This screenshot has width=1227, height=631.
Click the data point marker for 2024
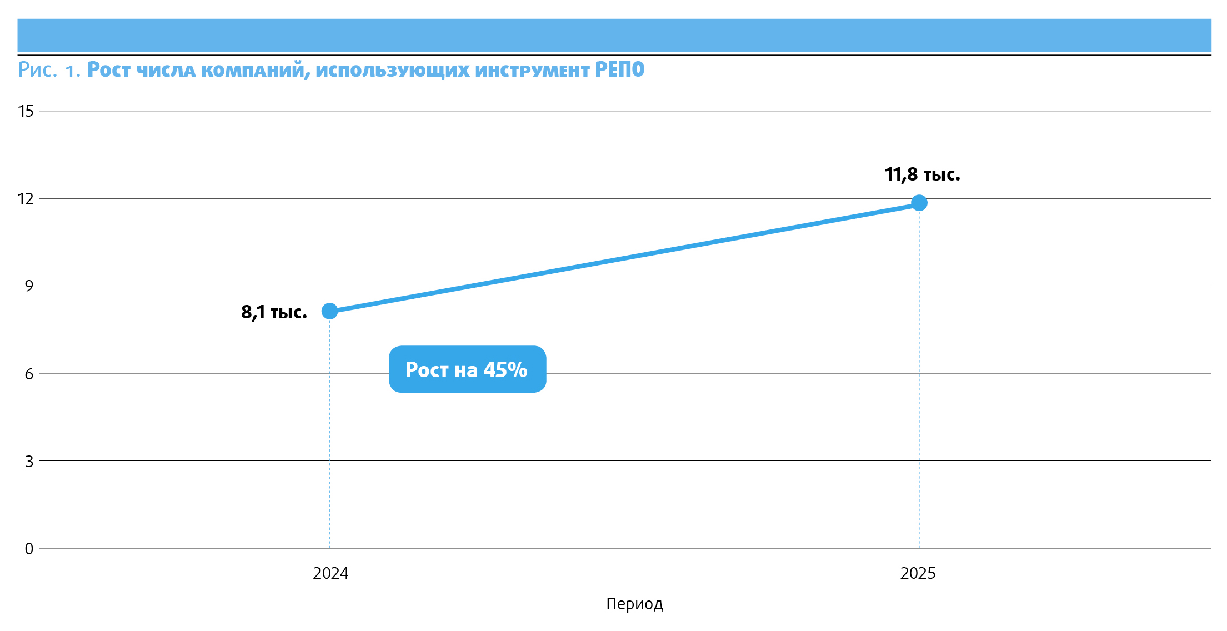coord(329,311)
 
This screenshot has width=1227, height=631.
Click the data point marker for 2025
coord(919,203)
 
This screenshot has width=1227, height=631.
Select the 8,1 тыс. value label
coord(274,312)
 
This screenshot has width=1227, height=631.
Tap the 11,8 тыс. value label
coord(922,174)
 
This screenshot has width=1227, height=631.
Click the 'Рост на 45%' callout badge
coord(467,369)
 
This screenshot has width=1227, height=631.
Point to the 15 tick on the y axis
coord(26,111)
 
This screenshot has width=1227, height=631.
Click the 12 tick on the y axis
coord(26,199)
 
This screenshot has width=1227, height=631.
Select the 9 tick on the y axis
coord(29,286)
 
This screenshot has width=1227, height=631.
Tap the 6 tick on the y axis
coord(29,374)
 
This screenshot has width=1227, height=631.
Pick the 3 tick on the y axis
coord(29,462)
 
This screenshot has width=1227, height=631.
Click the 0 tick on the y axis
coord(29,549)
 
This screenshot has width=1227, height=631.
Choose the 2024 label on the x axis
coord(330,573)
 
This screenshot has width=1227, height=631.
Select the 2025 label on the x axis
coord(918,573)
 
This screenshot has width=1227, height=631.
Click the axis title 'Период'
coord(634,604)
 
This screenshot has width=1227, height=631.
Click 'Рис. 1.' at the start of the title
coord(49,70)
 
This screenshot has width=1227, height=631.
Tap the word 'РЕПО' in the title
coord(619,70)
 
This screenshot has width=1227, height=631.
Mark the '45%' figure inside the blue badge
coord(505,369)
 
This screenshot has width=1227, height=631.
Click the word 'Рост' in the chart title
coord(109,70)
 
